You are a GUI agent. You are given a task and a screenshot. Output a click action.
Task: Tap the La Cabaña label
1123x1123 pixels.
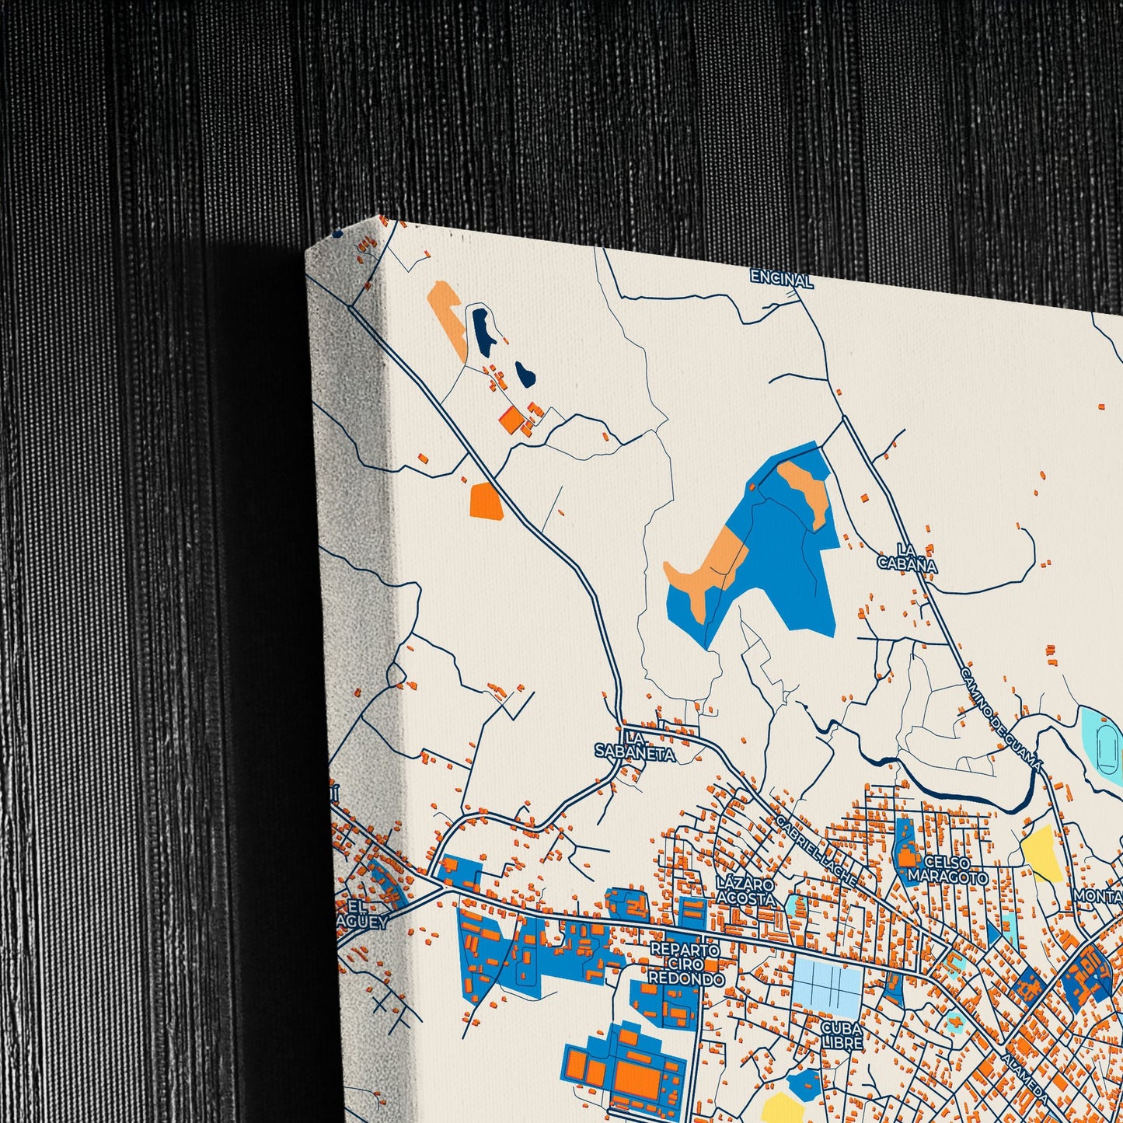pyautogui.click(x=907, y=559)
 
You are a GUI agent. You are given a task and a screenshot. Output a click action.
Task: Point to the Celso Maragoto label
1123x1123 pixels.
pyautogui.click(x=949, y=870)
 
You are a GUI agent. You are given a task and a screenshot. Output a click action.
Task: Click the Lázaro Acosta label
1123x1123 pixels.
pyautogui.click(x=746, y=891)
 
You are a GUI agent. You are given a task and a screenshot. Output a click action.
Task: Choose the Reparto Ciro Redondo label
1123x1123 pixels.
pyautogui.click(x=686, y=964)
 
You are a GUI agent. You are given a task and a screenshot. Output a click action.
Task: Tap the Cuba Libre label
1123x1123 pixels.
pyautogui.click(x=842, y=1034)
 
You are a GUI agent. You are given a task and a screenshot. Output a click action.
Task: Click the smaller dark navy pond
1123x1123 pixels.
pyautogui.click(x=525, y=373)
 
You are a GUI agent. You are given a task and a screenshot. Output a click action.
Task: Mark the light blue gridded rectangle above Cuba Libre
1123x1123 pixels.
pyautogui.click(x=827, y=983)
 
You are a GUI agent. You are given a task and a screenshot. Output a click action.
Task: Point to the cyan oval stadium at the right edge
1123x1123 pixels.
pyautogui.click(x=1104, y=739)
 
